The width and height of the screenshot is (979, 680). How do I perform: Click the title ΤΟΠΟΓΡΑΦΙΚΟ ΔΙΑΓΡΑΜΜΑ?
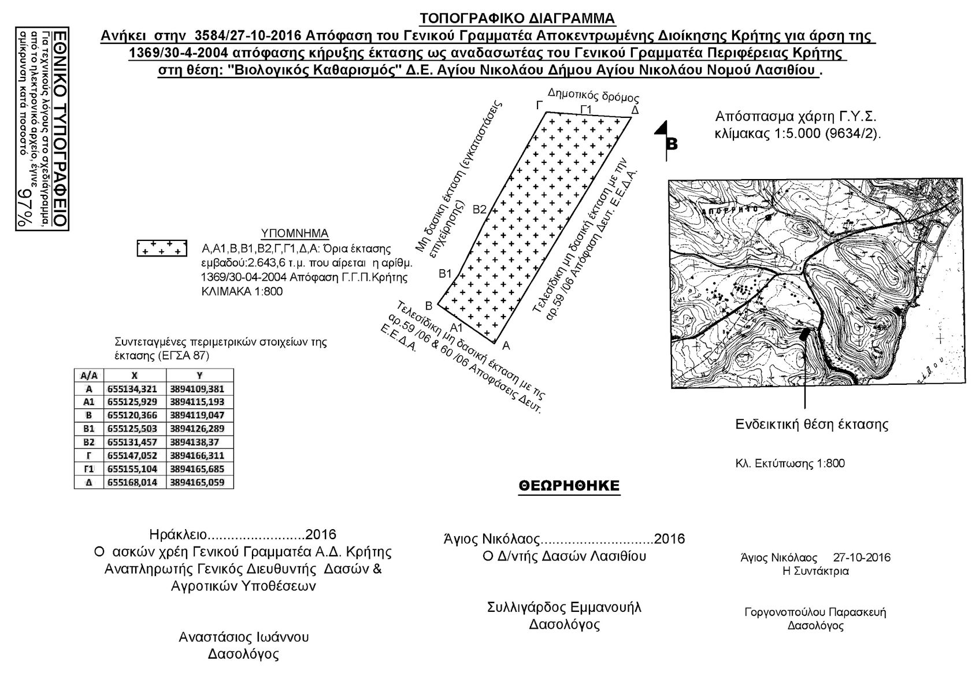[x=517, y=18]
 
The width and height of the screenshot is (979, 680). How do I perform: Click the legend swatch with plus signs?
[x=162, y=248]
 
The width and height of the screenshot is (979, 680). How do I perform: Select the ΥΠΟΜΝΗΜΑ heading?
[x=295, y=233]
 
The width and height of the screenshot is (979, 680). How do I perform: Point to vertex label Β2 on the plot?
[x=480, y=209]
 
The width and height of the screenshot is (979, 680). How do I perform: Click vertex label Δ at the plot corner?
[x=635, y=110]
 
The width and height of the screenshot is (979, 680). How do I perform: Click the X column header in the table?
[x=134, y=375]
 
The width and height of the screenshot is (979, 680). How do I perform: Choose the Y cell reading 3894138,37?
[x=197, y=442]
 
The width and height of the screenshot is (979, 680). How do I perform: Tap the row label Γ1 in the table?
[x=88, y=469]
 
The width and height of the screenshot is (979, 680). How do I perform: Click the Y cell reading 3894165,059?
[x=197, y=482]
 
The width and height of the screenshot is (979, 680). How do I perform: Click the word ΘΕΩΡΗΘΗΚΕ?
[x=569, y=485]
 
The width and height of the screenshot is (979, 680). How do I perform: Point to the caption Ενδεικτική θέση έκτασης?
[x=811, y=425]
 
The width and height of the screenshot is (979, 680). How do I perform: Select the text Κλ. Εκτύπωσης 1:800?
[x=790, y=463]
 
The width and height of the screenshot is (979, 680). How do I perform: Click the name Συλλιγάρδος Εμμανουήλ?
[x=564, y=607]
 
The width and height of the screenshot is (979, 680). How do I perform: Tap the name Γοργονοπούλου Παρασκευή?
[x=815, y=612]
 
